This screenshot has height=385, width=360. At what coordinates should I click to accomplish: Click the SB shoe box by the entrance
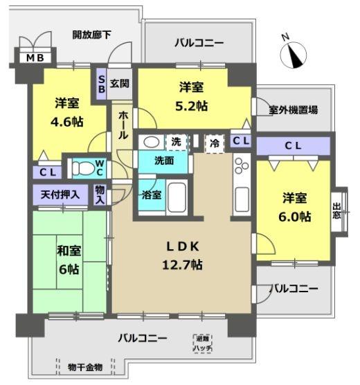tap(101, 84)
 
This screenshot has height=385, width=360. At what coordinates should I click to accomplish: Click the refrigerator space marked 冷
tap(215, 142)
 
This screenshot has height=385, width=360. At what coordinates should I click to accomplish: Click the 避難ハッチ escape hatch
tap(203, 343)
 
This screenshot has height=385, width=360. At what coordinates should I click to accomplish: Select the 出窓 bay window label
tap(337, 211)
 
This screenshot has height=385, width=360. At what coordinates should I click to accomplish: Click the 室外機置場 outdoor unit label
tap(294, 109)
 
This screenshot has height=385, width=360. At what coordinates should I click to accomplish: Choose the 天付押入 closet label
tap(55, 195)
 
